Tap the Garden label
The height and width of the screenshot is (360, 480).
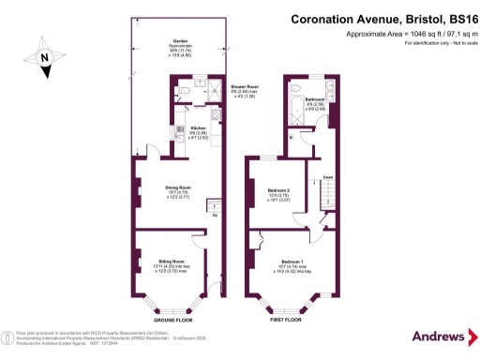(178, 40)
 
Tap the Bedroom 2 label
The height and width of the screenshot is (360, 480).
(278, 189)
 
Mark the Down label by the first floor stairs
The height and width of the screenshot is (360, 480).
(327, 176)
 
